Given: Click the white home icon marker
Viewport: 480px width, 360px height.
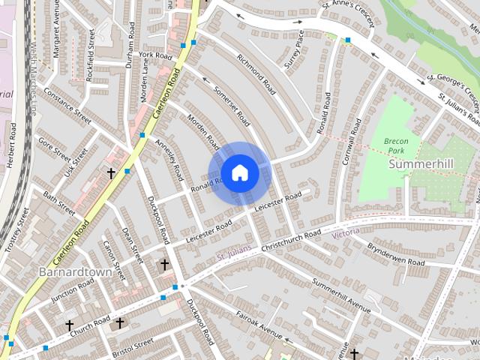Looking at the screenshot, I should (239, 173).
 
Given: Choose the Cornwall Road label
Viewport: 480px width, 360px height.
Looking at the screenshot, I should (349, 143).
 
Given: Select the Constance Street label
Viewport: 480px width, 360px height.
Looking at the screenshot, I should (67, 106).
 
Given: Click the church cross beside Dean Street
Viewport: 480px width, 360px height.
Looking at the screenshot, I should (164, 265).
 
